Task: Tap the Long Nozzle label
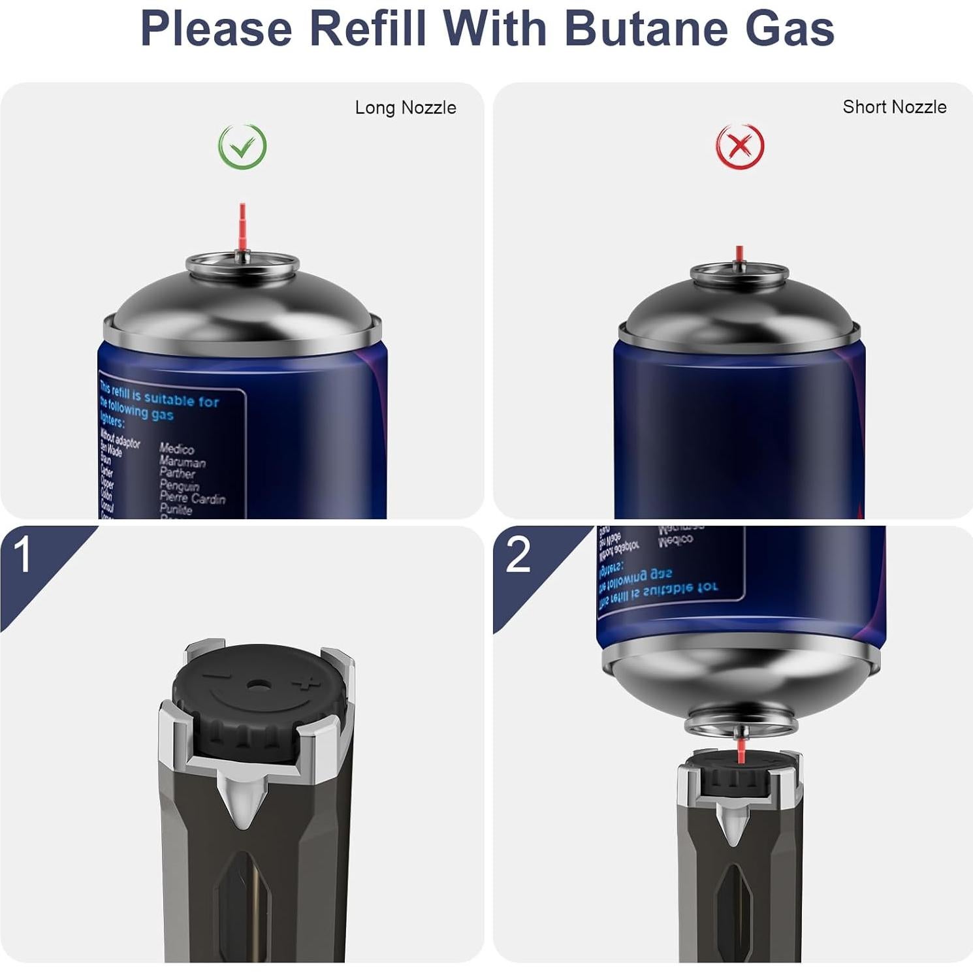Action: (406, 108)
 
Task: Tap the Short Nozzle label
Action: (894, 107)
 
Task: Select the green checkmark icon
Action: (242, 146)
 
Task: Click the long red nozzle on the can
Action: (242, 226)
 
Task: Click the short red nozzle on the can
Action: (739, 254)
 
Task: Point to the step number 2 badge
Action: (518, 556)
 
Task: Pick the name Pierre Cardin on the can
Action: (193, 498)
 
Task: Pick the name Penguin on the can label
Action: (180, 485)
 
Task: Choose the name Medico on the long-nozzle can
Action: (177, 449)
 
